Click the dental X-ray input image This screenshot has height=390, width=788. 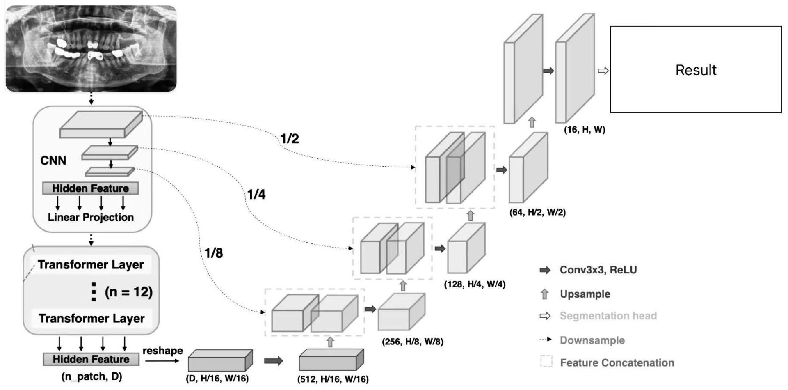91,48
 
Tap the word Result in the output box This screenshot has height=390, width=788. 696,70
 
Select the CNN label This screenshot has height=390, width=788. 53,161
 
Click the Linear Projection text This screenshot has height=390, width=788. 91,217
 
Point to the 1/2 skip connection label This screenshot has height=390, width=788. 290,139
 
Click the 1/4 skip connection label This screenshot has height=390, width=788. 256,194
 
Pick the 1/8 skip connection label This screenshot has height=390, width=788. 214,253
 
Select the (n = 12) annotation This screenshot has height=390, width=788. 129,292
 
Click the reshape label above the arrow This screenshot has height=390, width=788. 163,351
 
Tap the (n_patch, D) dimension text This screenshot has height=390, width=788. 91,376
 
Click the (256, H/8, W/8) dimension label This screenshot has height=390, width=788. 412,342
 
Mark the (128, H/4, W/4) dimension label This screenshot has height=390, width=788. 475,284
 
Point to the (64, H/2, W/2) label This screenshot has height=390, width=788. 537,212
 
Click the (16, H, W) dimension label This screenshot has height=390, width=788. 585,130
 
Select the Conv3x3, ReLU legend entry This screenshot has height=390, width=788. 598,270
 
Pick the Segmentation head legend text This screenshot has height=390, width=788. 608,316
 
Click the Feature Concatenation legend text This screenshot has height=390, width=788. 617,363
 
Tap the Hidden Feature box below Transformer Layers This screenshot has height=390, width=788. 91,359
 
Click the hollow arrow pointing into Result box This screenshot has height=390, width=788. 603,71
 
